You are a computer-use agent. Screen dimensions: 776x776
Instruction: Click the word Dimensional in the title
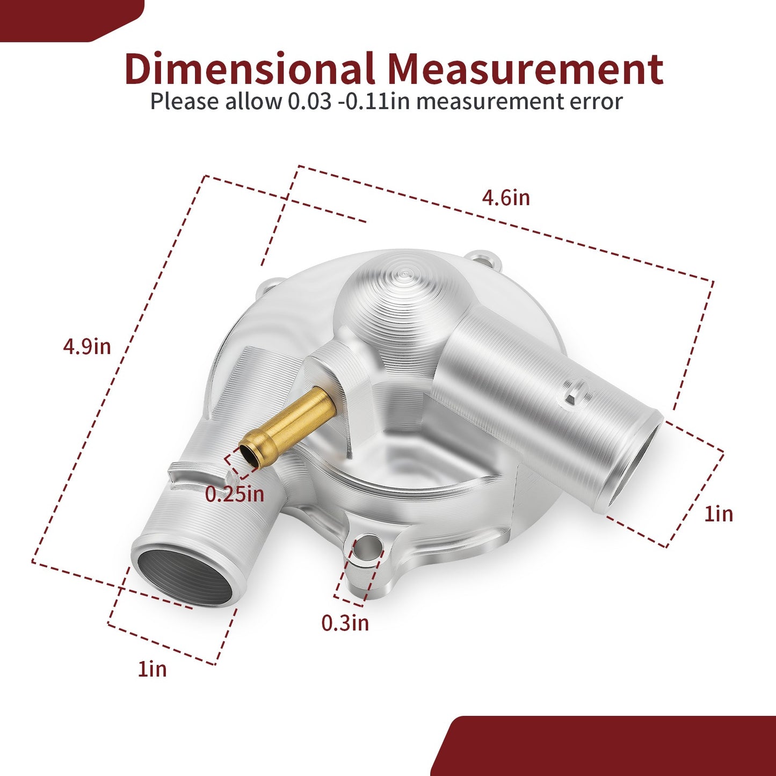[250, 68]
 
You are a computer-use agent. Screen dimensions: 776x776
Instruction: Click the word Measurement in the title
[526, 69]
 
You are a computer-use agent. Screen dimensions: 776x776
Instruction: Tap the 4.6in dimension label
[506, 198]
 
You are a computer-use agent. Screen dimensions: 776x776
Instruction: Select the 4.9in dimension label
[87, 346]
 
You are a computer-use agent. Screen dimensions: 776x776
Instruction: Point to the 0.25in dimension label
[234, 494]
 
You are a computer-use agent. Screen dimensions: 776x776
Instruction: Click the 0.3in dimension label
[345, 622]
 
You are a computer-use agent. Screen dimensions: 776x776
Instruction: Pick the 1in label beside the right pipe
[719, 514]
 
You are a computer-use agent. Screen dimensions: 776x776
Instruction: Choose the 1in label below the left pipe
[152, 669]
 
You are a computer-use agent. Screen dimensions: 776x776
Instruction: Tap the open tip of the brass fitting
[249, 456]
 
